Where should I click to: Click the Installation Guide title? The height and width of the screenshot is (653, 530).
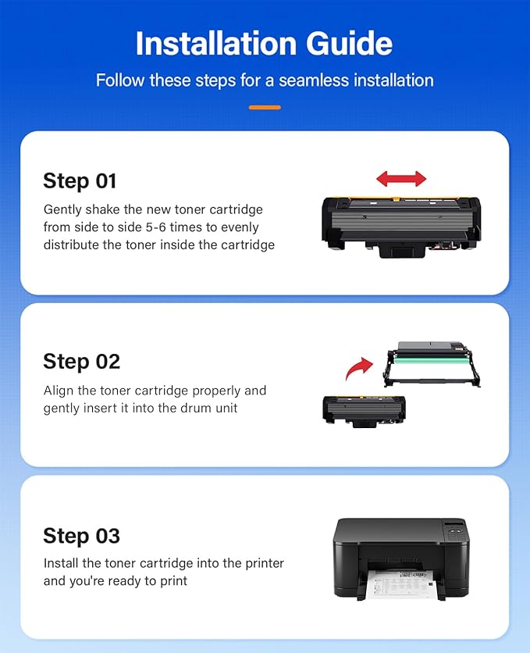tap(265, 44)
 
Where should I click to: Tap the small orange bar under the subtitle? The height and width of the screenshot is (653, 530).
tap(265, 107)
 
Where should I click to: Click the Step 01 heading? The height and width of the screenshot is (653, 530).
tap(80, 181)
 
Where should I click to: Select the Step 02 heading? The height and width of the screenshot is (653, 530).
tap(81, 362)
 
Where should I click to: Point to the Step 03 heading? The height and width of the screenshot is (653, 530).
tap(81, 536)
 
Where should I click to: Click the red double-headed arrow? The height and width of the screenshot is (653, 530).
tap(401, 179)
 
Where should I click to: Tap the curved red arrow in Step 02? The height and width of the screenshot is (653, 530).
tap(360, 369)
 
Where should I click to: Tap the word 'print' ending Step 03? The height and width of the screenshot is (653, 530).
tap(173, 581)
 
